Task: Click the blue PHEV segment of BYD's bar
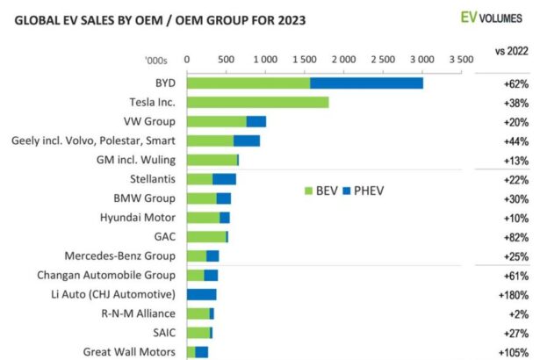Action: pos(366,83)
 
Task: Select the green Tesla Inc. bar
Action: pos(257,102)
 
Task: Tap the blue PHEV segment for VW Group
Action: pos(256,121)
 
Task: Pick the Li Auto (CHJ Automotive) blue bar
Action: pos(201,294)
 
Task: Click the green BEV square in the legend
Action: pos(308,190)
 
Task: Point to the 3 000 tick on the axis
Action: pos(421,59)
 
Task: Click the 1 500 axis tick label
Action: pos(304,59)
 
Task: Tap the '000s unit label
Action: pos(155,60)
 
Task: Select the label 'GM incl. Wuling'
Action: pos(133,160)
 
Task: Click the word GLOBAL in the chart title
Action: pos(37,18)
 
